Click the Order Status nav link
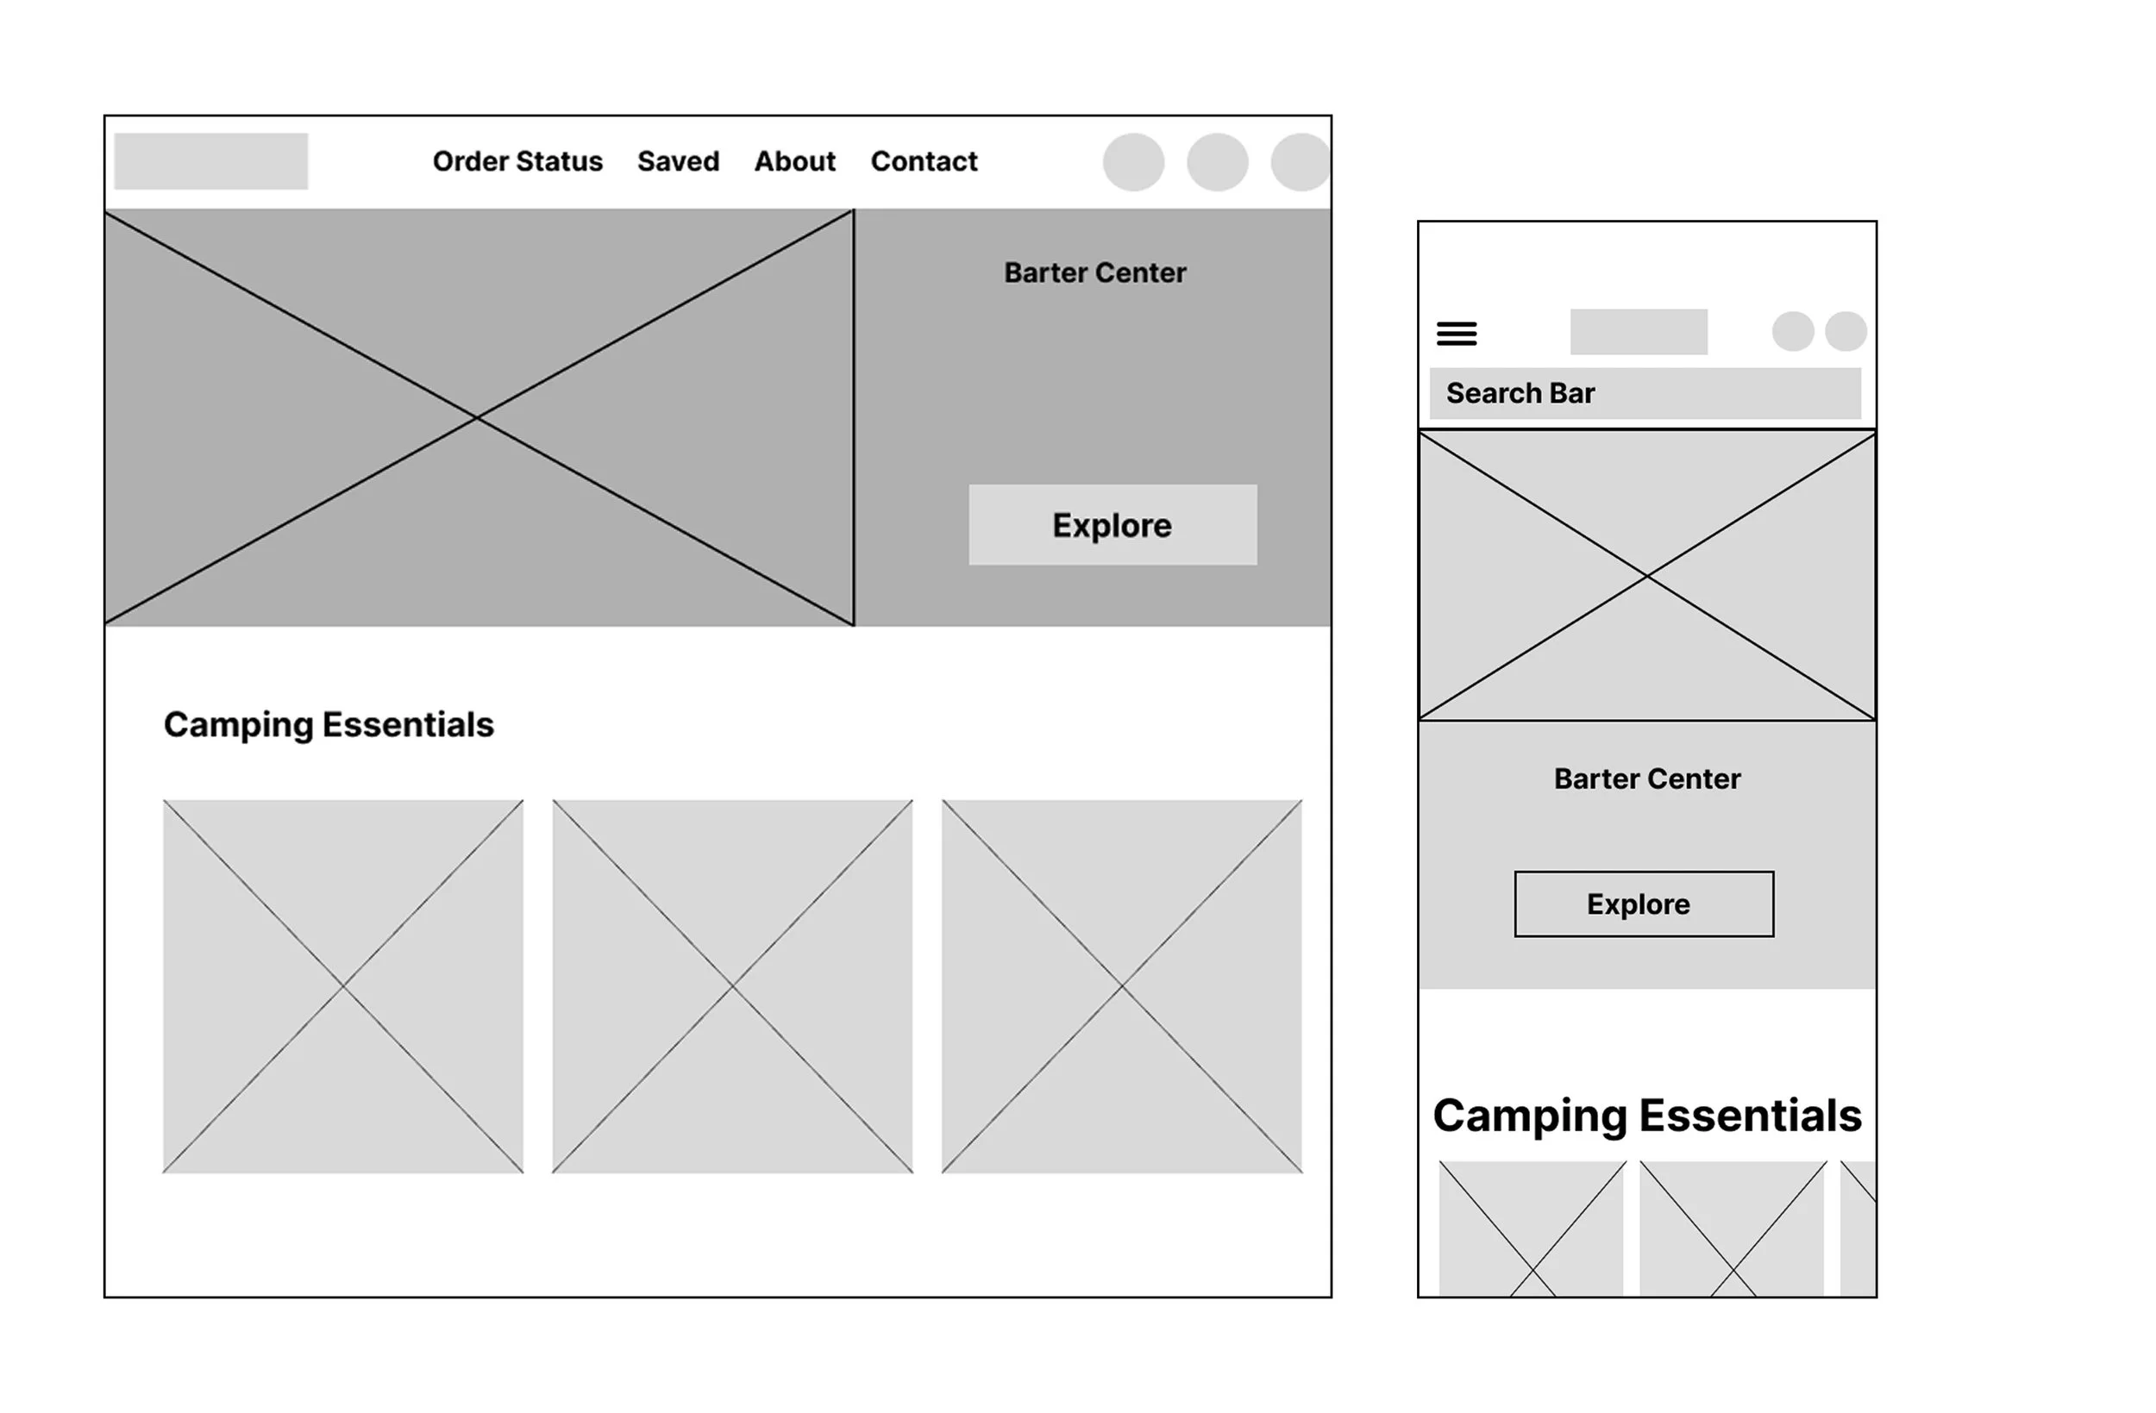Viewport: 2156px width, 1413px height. [x=517, y=161]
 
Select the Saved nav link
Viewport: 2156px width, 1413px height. [x=678, y=161]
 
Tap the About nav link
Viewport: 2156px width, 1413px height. [x=794, y=161]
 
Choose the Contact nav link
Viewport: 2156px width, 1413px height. [x=923, y=161]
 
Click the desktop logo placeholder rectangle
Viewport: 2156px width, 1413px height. [x=211, y=161]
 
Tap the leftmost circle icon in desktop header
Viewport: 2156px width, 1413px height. [x=1133, y=162]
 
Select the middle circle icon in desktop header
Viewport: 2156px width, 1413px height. [x=1218, y=162]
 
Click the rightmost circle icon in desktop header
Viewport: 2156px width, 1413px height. [x=1300, y=162]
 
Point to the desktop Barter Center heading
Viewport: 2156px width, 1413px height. [x=1094, y=272]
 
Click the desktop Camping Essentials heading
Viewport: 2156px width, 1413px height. [x=329, y=725]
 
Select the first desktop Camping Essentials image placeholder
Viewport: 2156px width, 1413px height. [x=343, y=985]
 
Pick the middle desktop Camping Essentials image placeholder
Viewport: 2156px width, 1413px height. [x=732, y=985]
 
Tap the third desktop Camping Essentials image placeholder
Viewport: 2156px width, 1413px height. [x=1121, y=985]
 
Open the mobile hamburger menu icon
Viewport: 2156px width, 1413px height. [x=1457, y=334]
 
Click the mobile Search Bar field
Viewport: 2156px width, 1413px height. [x=1645, y=393]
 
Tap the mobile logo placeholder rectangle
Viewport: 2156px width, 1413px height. [x=1639, y=332]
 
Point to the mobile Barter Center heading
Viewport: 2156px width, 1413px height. [x=1647, y=779]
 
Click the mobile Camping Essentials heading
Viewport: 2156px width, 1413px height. [x=1647, y=1115]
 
